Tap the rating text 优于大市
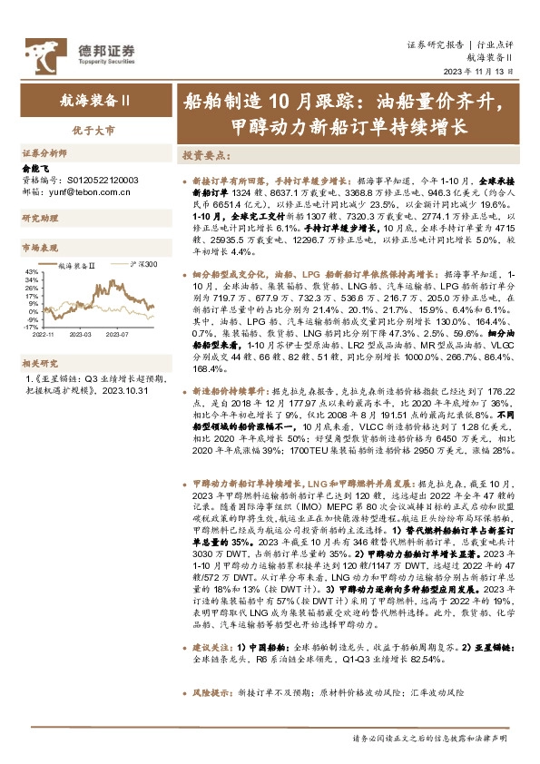coord(88,131)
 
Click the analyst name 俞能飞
coord(35,169)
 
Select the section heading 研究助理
coord(38,220)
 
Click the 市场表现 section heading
coord(38,247)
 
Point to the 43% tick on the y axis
coord(31,271)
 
